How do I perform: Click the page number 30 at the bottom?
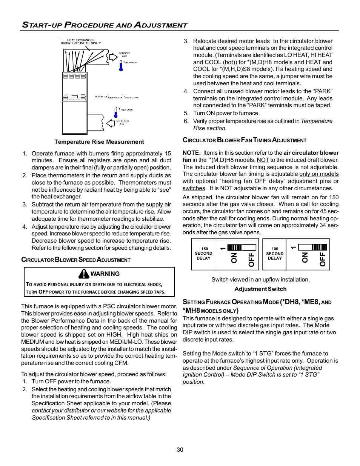click(x=180, y=450)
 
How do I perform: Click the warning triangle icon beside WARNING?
click(x=84, y=274)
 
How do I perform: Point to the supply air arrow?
click(x=113, y=57)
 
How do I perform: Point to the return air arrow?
click(x=111, y=123)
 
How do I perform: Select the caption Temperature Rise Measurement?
click(x=99, y=142)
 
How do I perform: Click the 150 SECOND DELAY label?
click(x=204, y=254)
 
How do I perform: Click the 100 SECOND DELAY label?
click(x=275, y=254)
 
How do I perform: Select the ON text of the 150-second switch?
click(x=234, y=258)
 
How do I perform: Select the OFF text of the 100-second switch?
click(x=322, y=260)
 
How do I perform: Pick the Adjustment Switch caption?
click(x=260, y=289)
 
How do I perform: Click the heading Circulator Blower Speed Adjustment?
click(x=76, y=260)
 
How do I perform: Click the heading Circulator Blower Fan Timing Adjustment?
click(x=245, y=140)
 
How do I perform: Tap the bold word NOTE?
click(x=191, y=153)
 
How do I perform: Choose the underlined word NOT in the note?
click(x=263, y=160)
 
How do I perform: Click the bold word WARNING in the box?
click(x=105, y=274)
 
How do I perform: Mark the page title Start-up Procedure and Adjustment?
click(x=104, y=25)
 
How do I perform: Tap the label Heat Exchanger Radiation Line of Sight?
click(x=81, y=42)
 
